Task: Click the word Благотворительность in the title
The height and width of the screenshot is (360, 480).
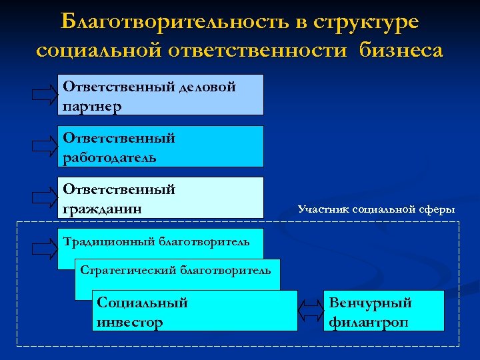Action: pos(174,22)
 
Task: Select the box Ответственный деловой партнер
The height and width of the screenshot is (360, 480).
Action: pos(160,95)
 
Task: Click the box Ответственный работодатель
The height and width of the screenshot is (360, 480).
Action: pos(160,146)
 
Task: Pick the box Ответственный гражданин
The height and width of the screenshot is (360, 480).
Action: pos(160,197)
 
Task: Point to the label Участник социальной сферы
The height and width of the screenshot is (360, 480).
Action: pos(377,209)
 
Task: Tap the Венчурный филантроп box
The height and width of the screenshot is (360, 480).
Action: pos(383,311)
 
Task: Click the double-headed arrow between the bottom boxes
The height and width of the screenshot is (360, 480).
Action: pos(310,311)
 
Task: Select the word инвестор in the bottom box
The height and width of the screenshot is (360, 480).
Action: pos(130,322)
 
